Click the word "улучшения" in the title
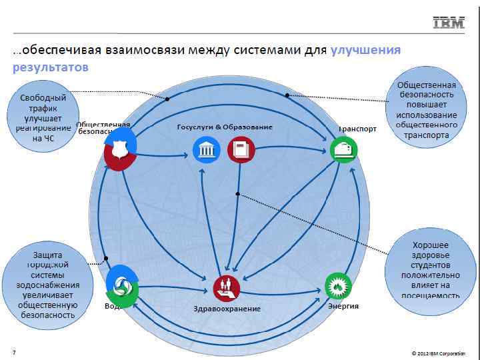pyautogui.click(x=365, y=51)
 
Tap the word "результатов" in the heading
pyautogui.click(x=51, y=67)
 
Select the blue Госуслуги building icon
pyautogui.click(x=205, y=150)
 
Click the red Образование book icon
pyautogui.click(x=241, y=150)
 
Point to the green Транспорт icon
pyautogui.click(x=344, y=150)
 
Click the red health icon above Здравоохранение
pyautogui.click(x=227, y=288)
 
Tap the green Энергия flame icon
pyautogui.click(x=338, y=286)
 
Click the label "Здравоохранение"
pyautogui.click(x=227, y=309)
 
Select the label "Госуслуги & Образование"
pyautogui.click(x=225, y=127)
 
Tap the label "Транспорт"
pyautogui.click(x=357, y=129)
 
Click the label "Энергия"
pyautogui.click(x=343, y=306)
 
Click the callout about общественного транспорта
pyautogui.click(x=427, y=110)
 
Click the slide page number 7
pyautogui.click(x=14, y=351)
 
